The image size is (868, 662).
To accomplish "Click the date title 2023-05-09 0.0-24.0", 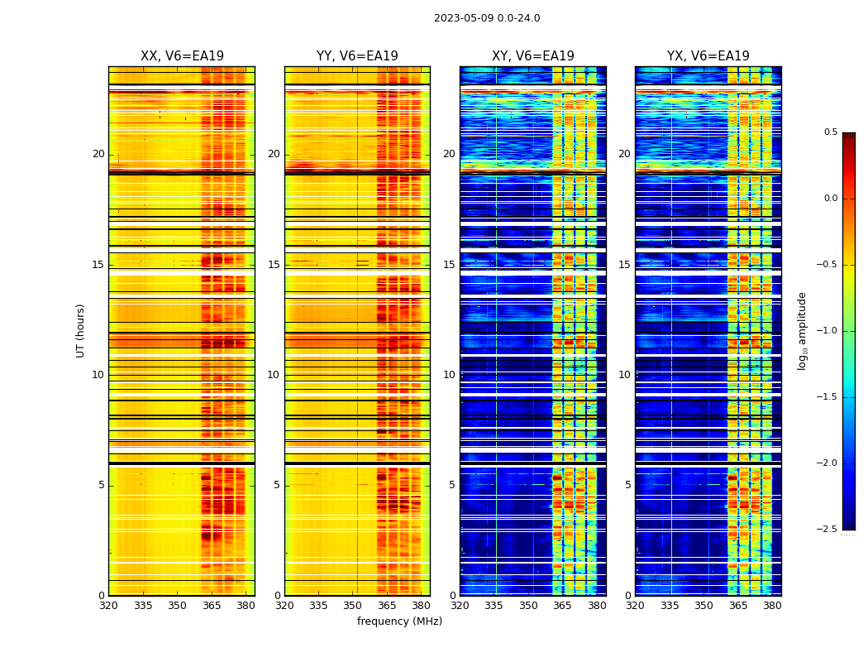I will click(487, 18).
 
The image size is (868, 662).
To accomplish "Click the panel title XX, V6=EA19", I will click(182, 56).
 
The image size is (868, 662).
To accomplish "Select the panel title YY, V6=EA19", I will click(357, 56).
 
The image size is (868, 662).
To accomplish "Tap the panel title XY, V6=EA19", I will click(533, 56).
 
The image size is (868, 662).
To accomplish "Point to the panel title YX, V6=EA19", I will click(708, 56).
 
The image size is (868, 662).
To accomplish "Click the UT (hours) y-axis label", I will click(81, 330).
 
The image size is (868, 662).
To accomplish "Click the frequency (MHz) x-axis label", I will click(399, 621).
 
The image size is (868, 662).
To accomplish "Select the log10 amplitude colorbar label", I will click(802, 330).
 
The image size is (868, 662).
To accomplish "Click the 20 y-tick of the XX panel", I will click(98, 154).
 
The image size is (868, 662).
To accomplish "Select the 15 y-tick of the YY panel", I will click(274, 265).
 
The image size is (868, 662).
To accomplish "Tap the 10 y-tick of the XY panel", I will click(449, 375).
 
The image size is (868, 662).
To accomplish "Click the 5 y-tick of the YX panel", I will click(627, 485).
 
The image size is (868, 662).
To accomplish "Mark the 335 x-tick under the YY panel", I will click(318, 606).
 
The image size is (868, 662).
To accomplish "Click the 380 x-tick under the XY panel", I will click(596, 606).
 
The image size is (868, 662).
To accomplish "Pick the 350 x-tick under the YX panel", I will click(703, 606).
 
